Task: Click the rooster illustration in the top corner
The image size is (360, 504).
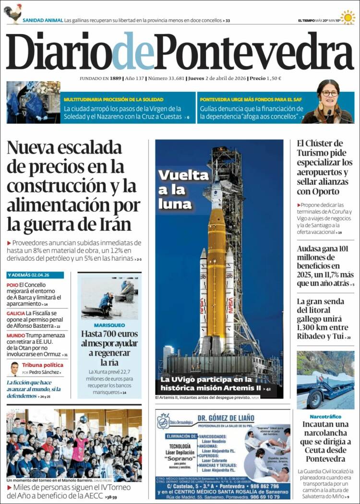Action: (13, 13)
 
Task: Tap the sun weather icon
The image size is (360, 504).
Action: (348, 17)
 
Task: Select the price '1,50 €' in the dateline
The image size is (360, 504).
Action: (274, 78)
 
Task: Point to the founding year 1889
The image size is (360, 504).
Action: (115, 78)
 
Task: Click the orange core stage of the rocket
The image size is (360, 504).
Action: (217, 269)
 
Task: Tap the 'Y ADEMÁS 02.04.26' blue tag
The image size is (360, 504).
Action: (28, 275)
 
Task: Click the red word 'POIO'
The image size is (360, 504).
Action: (12, 285)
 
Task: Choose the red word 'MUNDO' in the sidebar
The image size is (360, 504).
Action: (16, 335)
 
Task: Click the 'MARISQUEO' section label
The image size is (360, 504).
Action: (109, 325)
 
